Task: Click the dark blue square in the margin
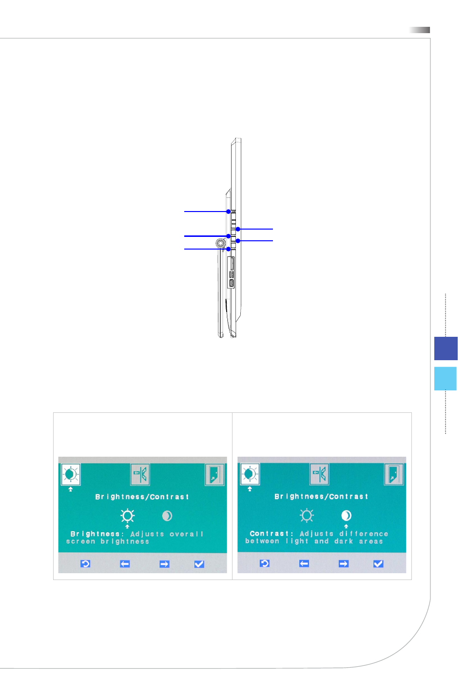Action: (x=446, y=348)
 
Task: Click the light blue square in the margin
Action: (x=446, y=378)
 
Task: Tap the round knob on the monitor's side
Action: (x=220, y=243)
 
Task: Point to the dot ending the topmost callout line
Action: (x=229, y=212)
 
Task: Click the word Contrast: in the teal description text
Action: (x=271, y=534)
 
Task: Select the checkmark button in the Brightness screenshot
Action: (x=199, y=564)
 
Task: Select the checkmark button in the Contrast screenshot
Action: (x=378, y=564)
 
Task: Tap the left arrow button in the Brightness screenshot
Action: (x=125, y=564)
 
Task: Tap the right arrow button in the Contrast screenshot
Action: (x=344, y=564)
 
